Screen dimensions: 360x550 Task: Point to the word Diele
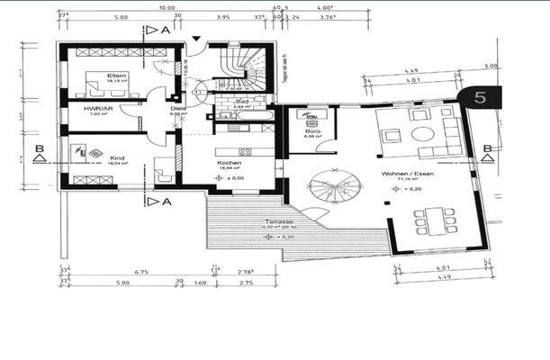(x=177, y=109)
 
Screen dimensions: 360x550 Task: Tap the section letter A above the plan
(x=164, y=30)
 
